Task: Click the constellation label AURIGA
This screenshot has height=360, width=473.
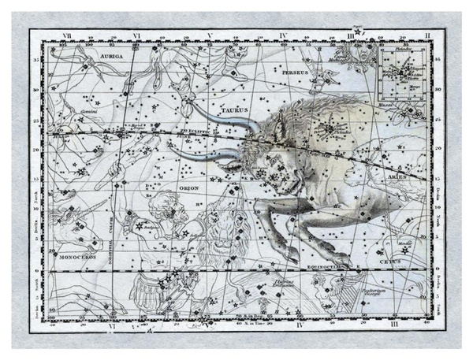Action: pyautogui.click(x=114, y=58)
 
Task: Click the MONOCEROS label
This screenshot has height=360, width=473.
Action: pyautogui.click(x=77, y=257)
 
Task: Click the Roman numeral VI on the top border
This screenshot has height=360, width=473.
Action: pyautogui.click(x=136, y=35)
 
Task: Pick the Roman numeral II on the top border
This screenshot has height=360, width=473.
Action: pyautogui.click(x=426, y=35)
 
